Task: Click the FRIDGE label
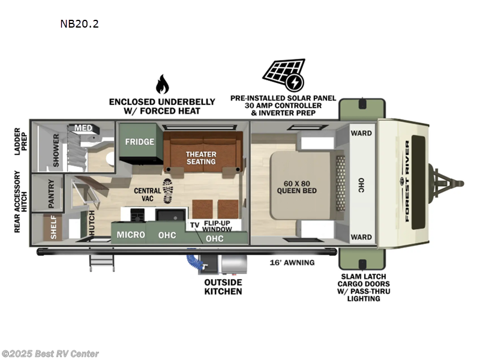[140, 142]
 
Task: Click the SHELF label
[53, 228]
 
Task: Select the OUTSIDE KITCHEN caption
[222, 287]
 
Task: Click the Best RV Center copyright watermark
[50, 354]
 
